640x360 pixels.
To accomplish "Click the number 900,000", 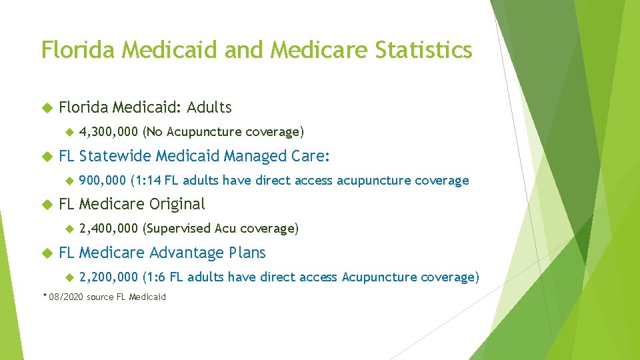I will point(102,181).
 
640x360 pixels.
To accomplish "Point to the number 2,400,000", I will point(108,229).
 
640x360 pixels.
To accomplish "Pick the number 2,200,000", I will point(108,277).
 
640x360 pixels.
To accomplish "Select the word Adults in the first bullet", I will point(209,107).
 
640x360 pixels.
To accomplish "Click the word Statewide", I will point(115,156).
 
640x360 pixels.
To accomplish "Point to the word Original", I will point(177,204).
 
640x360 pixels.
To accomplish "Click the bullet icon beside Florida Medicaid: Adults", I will point(46,107).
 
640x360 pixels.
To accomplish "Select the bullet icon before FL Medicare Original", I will point(46,204).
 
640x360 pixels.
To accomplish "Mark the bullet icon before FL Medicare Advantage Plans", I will point(46,253).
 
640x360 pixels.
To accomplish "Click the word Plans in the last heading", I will point(247,253).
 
